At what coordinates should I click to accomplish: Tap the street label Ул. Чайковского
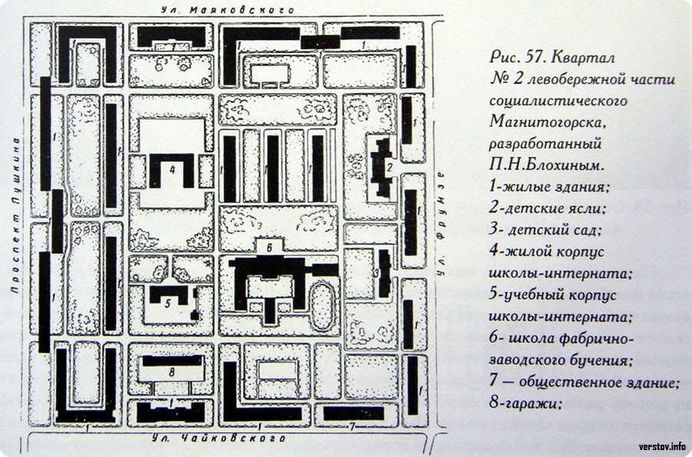(219, 439)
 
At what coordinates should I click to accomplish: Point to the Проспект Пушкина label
(15, 215)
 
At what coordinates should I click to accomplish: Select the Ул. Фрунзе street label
(440, 224)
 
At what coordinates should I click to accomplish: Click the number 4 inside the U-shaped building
(172, 169)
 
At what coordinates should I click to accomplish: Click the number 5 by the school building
(168, 304)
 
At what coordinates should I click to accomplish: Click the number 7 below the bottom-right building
(352, 426)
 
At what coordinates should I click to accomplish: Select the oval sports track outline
(323, 306)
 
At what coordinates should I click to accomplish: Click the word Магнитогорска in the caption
(545, 122)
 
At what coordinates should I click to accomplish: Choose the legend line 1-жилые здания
(549, 187)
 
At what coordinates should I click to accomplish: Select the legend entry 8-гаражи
(525, 403)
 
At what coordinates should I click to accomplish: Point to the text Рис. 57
(514, 57)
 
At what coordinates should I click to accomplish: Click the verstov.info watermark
(663, 446)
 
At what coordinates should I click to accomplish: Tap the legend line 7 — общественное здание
(584, 382)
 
